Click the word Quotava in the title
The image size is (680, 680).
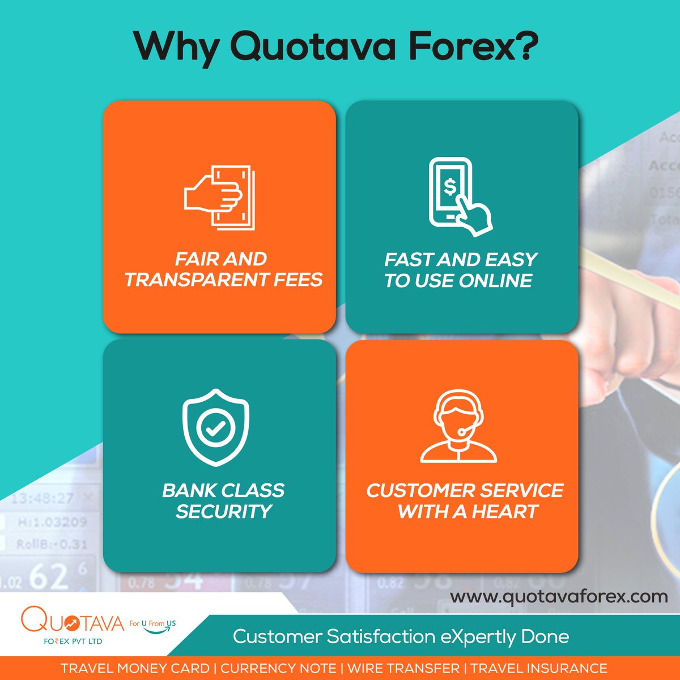tap(313, 47)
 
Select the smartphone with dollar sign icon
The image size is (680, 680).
tap(458, 196)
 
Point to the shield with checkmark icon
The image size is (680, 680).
tap(215, 427)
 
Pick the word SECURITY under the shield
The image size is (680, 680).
tap(223, 512)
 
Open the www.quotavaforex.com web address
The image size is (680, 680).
tap(559, 597)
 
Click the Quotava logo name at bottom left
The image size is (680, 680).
tap(72, 622)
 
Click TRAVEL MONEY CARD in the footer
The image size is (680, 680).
tap(135, 669)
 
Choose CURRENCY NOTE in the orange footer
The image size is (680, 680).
tap(278, 669)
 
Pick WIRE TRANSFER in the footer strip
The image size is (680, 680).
tap(403, 669)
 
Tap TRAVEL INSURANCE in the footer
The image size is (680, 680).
tap(539, 669)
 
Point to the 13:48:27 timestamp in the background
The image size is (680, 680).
tap(42, 499)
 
